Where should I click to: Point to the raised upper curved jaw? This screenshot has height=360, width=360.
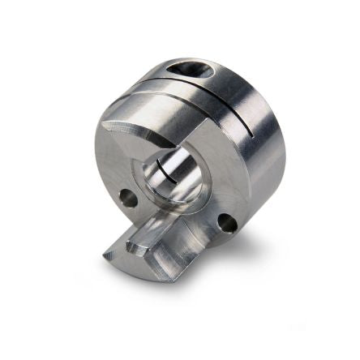146,130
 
